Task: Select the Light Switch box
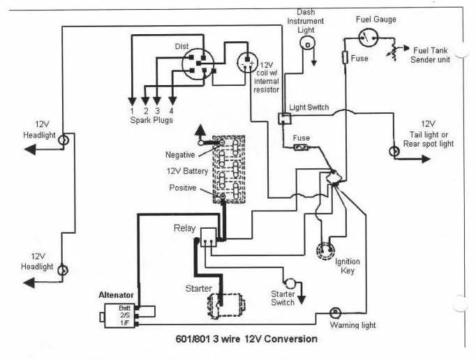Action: coord(285,119)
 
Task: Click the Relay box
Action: coord(209,237)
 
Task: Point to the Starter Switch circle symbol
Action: coord(290,283)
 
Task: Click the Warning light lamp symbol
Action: coord(336,313)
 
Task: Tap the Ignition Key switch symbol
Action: coord(325,251)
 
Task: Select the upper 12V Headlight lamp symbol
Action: coord(64,140)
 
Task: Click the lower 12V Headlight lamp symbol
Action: coord(63,270)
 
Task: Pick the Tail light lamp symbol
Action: coord(394,151)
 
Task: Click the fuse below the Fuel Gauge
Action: coord(345,57)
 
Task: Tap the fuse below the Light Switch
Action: coord(302,148)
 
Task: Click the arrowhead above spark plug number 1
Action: coord(132,101)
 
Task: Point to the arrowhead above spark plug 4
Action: coord(172,101)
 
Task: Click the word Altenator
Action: coord(116,295)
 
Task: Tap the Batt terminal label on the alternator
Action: coord(124,308)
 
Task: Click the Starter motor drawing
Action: coord(226,305)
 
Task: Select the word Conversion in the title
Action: coord(291,339)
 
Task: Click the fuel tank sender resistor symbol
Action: coord(393,50)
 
